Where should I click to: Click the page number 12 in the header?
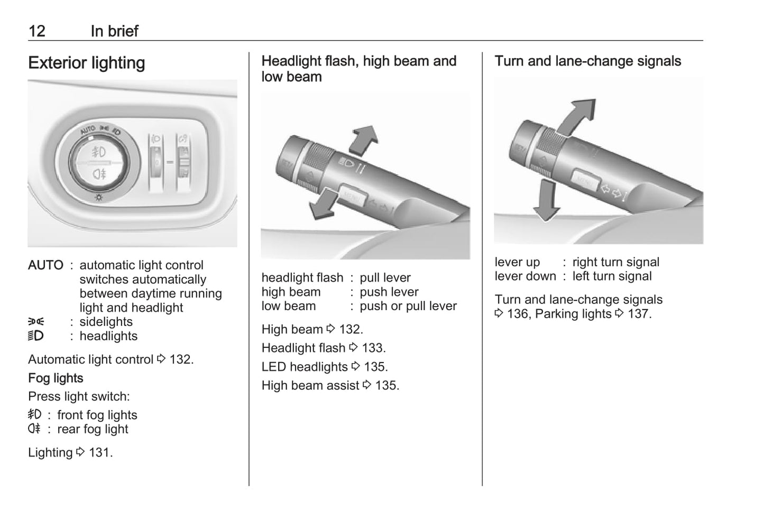(37, 31)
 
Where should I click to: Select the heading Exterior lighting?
(87, 63)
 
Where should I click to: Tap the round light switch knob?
(99, 163)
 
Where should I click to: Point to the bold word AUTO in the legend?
(45, 265)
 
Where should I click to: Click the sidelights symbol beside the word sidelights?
(36, 321)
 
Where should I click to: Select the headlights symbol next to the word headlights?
(36, 336)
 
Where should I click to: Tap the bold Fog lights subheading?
(56, 378)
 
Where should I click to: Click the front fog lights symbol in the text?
(34, 414)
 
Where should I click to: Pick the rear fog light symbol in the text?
(34, 429)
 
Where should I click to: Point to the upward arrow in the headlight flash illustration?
(364, 140)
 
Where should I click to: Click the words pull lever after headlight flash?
(385, 278)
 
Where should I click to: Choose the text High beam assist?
(310, 386)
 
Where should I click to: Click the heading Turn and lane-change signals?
(587, 61)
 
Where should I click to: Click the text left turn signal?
(612, 276)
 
